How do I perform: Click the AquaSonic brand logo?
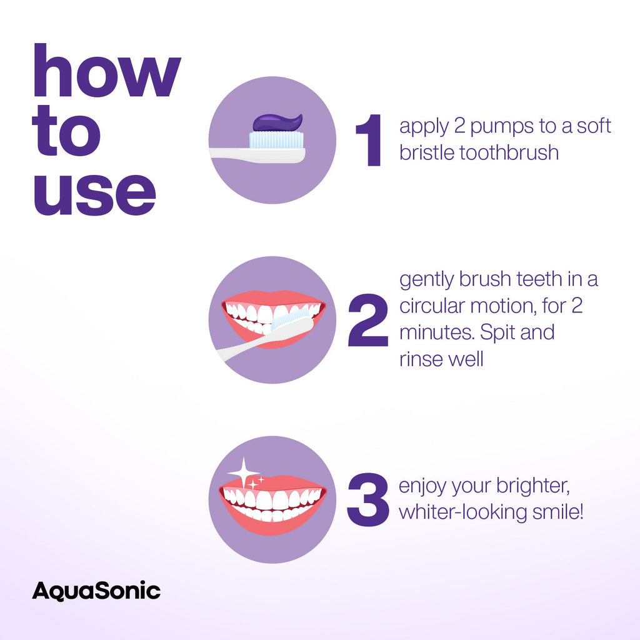click(96, 591)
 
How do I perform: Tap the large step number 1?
click(370, 141)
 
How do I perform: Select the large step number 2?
click(368, 320)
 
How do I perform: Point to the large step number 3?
click(368, 500)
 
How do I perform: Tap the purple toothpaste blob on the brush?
click(276, 122)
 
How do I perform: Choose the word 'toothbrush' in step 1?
click(509, 152)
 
